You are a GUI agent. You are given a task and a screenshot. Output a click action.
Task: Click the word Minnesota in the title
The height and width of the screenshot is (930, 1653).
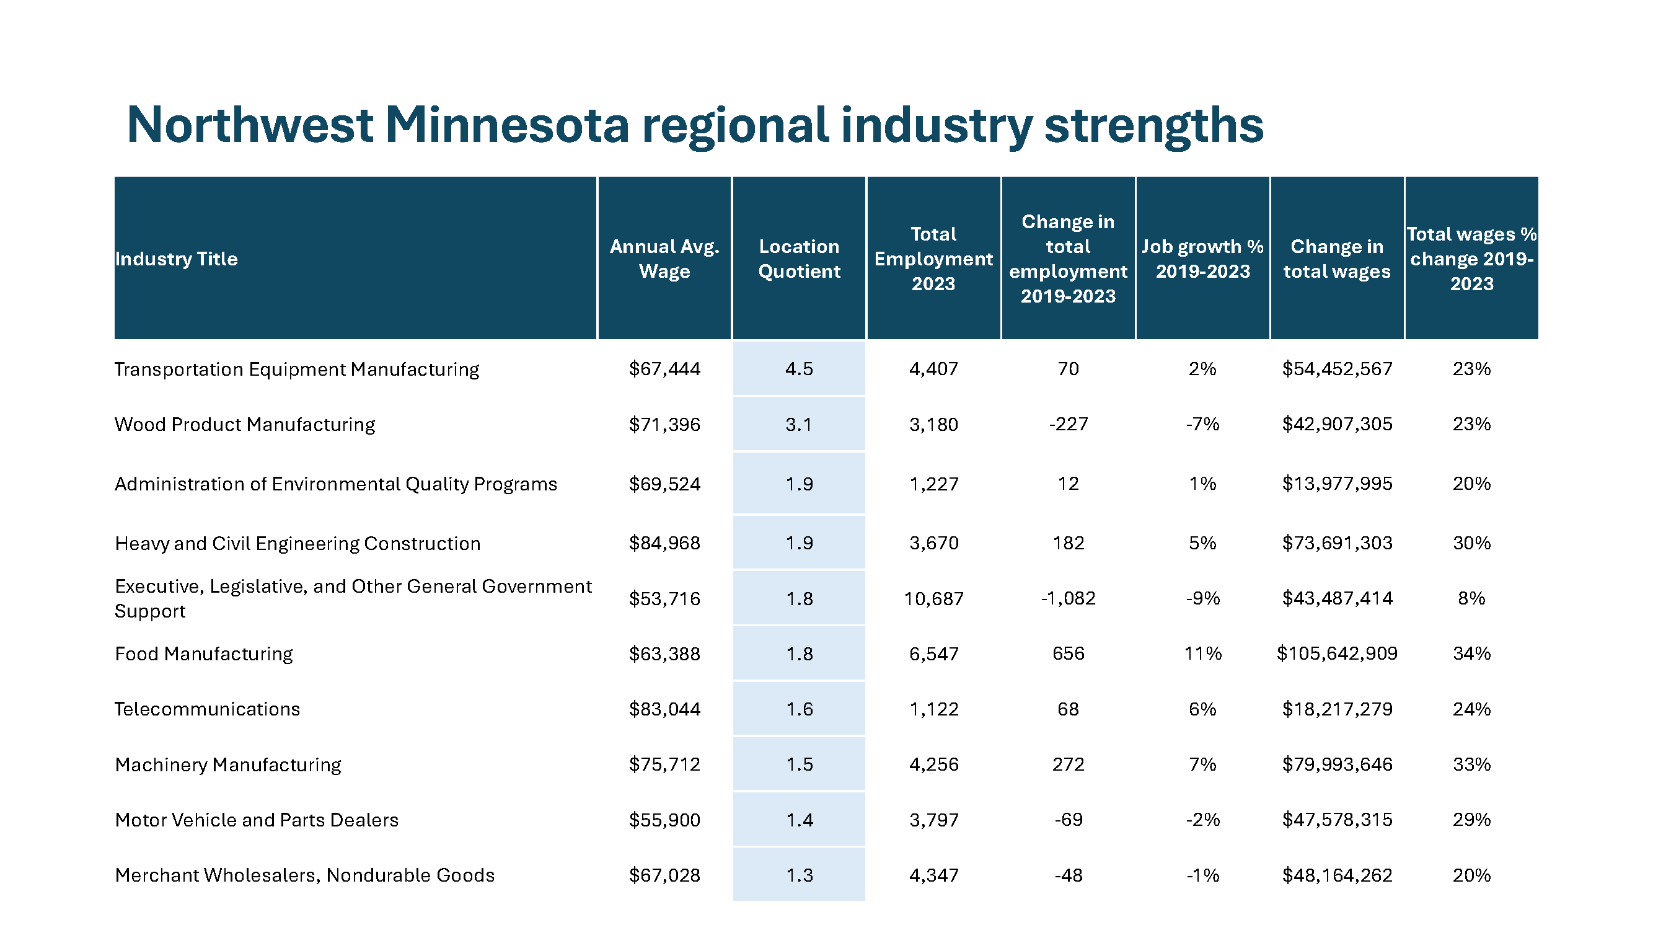point(507,125)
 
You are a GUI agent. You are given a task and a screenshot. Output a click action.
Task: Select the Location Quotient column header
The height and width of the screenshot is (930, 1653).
point(799,259)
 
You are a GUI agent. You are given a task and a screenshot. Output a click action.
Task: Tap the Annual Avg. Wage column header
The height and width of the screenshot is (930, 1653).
point(664,259)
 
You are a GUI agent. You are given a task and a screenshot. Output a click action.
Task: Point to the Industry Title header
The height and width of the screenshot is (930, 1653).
point(177,259)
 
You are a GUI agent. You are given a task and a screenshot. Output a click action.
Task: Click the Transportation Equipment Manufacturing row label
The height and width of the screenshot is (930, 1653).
point(297,369)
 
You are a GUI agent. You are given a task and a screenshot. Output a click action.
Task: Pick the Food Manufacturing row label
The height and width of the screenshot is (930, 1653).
point(204,653)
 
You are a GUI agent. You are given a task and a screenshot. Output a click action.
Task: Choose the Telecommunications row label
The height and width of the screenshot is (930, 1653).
point(207,709)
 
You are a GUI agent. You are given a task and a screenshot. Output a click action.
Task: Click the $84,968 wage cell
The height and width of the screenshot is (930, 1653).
point(664,543)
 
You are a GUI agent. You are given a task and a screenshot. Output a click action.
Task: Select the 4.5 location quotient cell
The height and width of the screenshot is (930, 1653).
point(799,369)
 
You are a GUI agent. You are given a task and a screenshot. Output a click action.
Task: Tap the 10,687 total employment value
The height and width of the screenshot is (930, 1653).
point(933,599)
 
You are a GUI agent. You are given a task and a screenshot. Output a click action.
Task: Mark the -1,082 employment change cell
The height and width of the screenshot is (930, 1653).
point(1069,598)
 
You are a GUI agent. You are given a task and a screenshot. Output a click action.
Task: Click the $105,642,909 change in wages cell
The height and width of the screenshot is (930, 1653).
point(1338,653)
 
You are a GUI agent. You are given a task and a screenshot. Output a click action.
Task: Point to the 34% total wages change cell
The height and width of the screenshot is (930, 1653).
point(1472,653)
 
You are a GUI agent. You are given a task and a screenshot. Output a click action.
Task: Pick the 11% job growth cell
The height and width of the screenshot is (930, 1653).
point(1202,653)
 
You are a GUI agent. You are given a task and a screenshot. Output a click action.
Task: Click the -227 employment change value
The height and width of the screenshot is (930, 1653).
point(1069,424)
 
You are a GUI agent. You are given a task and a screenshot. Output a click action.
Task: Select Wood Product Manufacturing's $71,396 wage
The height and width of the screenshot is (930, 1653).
point(664,424)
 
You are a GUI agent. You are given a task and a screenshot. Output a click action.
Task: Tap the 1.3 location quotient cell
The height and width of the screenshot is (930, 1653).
point(799,875)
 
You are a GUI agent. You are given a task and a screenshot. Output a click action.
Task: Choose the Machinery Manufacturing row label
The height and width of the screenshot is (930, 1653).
point(228,764)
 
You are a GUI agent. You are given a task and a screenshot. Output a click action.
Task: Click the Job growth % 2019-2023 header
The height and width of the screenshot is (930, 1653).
point(1202,259)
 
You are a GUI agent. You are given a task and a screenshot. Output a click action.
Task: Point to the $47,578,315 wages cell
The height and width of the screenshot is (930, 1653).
point(1338,820)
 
